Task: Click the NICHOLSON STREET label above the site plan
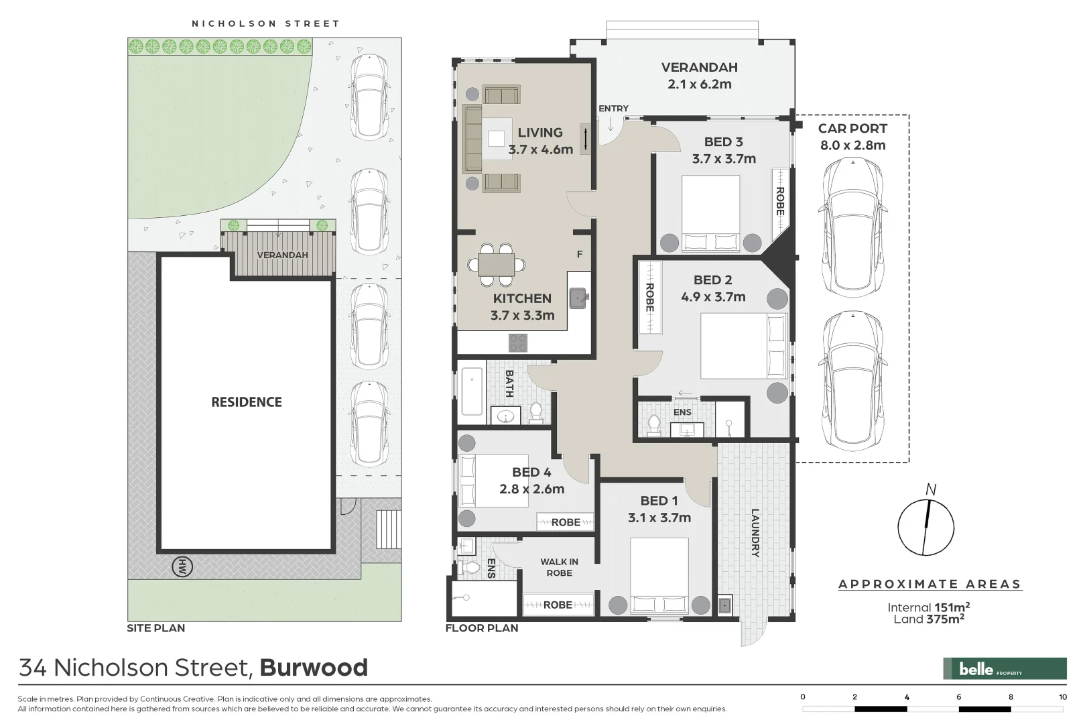click(265, 23)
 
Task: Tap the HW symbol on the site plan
click(182, 567)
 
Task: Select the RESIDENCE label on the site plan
click(247, 402)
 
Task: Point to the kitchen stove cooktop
click(517, 343)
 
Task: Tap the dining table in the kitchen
click(496, 264)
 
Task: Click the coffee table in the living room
click(496, 139)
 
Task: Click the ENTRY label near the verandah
click(613, 109)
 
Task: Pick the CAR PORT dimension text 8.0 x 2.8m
click(852, 145)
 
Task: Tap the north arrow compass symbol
click(926, 526)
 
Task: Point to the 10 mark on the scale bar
click(1063, 697)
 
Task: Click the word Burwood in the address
click(314, 668)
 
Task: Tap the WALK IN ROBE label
click(559, 567)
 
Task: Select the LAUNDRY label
click(755, 533)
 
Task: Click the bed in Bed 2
click(744, 347)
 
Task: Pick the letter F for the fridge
click(580, 254)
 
